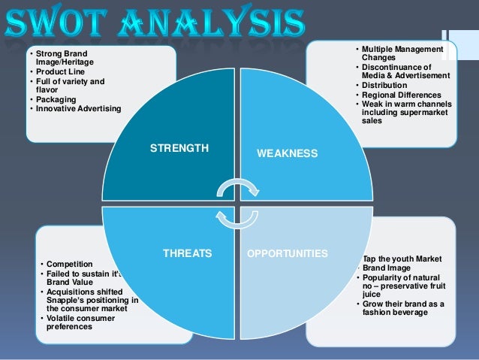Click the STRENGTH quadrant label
click(x=179, y=149)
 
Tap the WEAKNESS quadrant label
click(x=288, y=153)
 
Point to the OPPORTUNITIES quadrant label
click(x=288, y=254)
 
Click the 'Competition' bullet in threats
click(x=70, y=265)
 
